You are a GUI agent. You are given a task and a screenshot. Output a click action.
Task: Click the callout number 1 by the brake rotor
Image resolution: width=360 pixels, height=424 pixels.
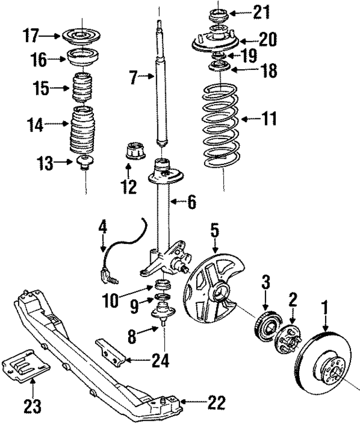click(324, 308)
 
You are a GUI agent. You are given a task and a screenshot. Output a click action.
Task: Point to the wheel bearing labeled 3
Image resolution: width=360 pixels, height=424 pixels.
click(266, 326)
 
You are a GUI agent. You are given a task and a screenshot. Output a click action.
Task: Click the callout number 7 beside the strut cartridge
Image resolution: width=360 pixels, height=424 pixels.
click(133, 78)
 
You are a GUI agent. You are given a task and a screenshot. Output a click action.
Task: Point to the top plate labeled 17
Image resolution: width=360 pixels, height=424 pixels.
click(82, 37)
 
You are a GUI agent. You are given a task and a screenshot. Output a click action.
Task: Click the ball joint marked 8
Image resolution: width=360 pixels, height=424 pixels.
click(162, 313)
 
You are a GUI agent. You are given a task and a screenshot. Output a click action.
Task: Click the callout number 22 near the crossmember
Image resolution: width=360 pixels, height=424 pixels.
click(216, 403)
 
